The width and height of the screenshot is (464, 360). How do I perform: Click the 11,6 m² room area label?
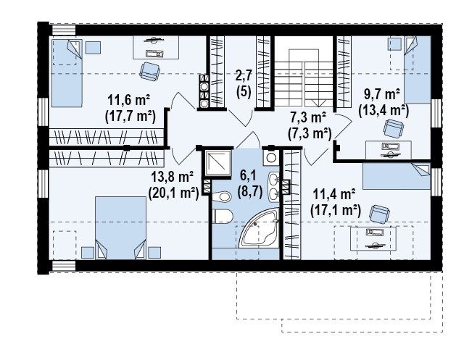(129, 101)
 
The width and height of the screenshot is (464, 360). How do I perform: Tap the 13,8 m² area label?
(173, 177)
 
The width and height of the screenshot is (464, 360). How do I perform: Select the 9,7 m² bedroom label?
(382, 95)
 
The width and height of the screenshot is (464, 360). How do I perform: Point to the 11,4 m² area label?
(334, 194)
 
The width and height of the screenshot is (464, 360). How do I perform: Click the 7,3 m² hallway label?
(308, 117)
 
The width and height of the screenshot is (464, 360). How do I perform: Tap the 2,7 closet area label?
(244, 75)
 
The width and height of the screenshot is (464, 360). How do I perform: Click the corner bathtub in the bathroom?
(259, 227)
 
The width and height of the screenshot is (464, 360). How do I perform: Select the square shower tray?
(219, 162)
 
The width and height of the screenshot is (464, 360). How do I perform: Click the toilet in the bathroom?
(223, 217)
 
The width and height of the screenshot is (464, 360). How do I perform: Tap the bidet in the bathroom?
(222, 196)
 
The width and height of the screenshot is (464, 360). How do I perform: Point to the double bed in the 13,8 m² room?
(120, 228)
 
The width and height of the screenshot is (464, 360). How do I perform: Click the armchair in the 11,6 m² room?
(150, 71)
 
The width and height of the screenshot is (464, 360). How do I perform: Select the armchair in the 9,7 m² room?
(394, 128)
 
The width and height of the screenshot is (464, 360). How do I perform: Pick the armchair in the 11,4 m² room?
(380, 214)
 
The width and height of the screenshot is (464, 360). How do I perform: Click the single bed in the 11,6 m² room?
(67, 72)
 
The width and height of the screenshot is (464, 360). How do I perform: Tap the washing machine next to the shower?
(270, 157)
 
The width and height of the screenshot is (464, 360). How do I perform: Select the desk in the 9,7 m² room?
(389, 150)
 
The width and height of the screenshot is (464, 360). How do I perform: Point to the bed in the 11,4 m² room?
(397, 176)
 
